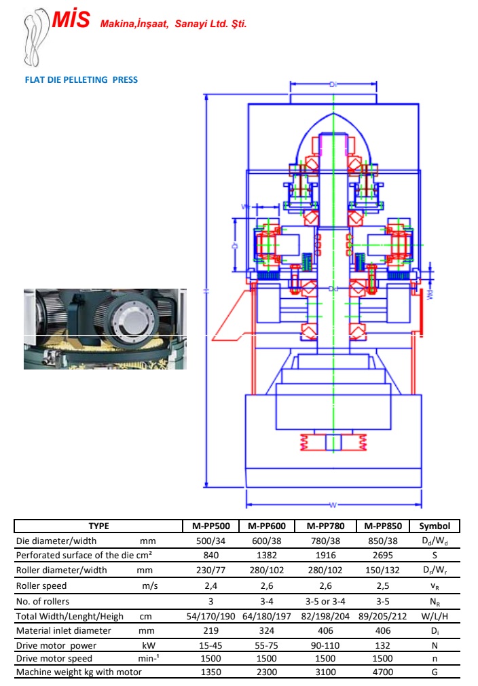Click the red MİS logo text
point(71,20)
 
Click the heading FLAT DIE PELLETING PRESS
point(81,79)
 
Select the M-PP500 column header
point(210,526)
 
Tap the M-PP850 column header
point(384,526)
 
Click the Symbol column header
point(435,526)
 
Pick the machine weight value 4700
point(384,672)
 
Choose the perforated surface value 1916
point(325,555)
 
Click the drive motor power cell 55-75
point(267,645)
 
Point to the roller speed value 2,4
point(210,585)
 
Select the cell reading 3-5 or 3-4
point(325,601)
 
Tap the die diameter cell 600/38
point(267,541)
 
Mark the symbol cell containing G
point(435,672)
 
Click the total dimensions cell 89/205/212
point(384,616)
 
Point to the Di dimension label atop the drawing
point(333,84)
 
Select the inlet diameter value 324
point(267,630)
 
